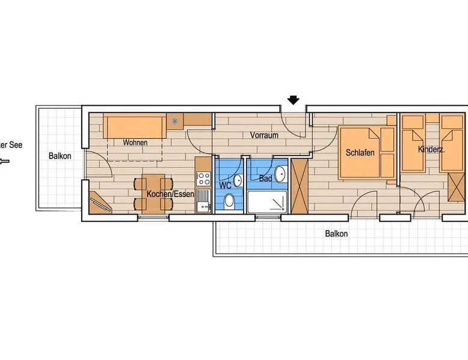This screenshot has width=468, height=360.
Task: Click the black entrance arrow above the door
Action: [294, 100]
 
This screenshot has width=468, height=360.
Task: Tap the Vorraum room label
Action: [264, 135]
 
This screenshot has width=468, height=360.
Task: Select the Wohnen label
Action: [135, 142]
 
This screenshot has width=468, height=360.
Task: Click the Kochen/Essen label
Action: [170, 194]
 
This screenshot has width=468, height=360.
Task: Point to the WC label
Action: [225, 185]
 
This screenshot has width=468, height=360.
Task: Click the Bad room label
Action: [265, 178]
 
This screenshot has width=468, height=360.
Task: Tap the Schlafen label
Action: [360, 153]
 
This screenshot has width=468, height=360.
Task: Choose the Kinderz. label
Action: [431, 149]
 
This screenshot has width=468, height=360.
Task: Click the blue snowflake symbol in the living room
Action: [174, 121]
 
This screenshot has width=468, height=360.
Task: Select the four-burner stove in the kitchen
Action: [204, 178]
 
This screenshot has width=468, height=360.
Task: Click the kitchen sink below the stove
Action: [203, 200]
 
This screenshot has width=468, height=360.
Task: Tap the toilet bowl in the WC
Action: [229, 201]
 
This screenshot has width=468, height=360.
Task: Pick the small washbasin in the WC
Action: [238, 180]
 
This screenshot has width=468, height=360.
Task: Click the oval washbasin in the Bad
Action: [280, 174]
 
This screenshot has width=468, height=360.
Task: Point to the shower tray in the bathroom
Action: [267, 202]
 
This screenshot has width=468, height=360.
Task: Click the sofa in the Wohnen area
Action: [135, 126]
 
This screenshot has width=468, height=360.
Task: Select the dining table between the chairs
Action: [153, 194]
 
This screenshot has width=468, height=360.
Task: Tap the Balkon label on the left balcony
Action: [60, 156]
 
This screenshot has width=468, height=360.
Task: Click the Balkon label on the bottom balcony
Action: [336, 234]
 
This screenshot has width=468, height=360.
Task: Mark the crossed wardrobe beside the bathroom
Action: [300, 186]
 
